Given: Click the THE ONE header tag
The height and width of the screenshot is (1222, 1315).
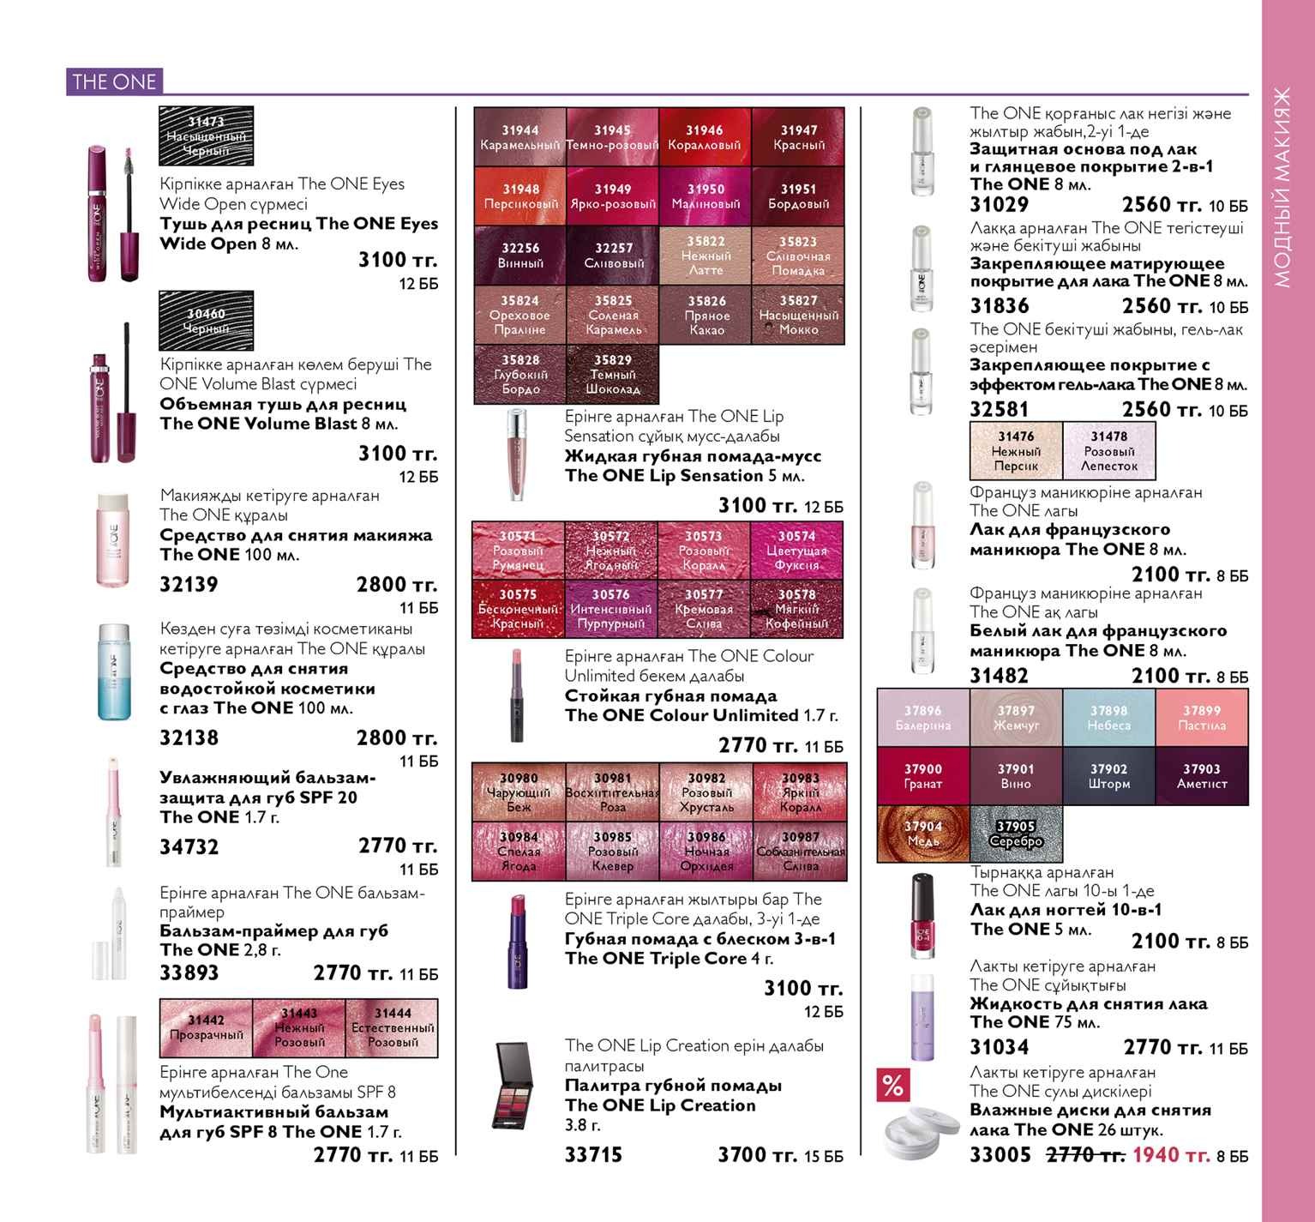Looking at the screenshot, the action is pyautogui.click(x=114, y=81).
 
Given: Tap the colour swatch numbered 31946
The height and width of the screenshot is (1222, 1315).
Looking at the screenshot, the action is pyautogui.click(x=706, y=136).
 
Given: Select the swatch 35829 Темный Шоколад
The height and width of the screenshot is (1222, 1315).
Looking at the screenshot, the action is pyautogui.click(x=614, y=375).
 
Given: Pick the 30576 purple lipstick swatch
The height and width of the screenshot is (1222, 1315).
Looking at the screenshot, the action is pyautogui.click(x=611, y=609).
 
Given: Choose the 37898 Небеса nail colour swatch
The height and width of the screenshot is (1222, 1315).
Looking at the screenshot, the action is pyautogui.click(x=1109, y=718).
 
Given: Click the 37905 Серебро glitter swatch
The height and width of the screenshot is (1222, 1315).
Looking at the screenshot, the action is pyautogui.click(x=1017, y=834).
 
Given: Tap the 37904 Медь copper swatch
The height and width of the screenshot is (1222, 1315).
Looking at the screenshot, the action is pyautogui.click(x=923, y=834).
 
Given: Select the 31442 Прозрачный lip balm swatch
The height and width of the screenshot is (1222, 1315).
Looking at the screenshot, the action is pyautogui.click(x=207, y=1028).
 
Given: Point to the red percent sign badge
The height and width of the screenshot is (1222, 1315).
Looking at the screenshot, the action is pyautogui.click(x=892, y=1086).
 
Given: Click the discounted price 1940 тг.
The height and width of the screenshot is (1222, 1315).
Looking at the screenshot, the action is pyautogui.click(x=1171, y=1155).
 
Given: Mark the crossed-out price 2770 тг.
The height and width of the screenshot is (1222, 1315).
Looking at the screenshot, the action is pyautogui.click(x=1085, y=1155).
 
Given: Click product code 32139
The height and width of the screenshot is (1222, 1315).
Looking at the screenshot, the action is pyautogui.click(x=189, y=585).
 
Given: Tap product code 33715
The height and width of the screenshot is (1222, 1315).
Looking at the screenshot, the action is pyautogui.click(x=593, y=1155).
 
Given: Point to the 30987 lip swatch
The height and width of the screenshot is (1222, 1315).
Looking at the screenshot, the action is pyautogui.click(x=801, y=852).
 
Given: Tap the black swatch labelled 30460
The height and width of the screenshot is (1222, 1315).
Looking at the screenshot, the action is pyautogui.click(x=207, y=321).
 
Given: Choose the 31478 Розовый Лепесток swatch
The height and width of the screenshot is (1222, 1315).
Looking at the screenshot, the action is pyautogui.click(x=1109, y=451).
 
